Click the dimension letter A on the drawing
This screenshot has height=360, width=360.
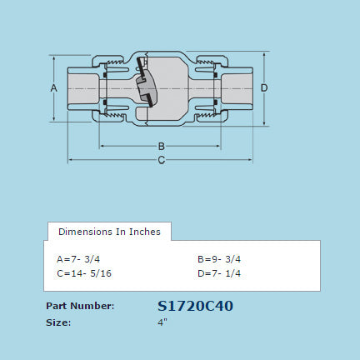coord(53,87)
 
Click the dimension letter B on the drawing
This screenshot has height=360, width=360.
coord(162,147)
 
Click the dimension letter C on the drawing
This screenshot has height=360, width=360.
coord(162,160)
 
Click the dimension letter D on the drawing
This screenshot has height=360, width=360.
coord(263,87)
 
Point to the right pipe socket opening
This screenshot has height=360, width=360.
coord(237,87)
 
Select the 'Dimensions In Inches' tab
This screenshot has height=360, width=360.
coord(109,231)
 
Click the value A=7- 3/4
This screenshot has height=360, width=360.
coord(78,259)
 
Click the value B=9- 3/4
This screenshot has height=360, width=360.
coord(219,259)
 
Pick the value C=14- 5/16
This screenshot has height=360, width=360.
coord(83,272)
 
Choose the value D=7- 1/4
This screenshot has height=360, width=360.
coord(219,272)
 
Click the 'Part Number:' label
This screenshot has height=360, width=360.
coord(79,306)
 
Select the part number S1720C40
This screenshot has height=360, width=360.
coord(195,306)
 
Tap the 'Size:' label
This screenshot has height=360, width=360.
coord(58,321)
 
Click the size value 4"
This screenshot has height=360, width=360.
coord(162,321)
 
